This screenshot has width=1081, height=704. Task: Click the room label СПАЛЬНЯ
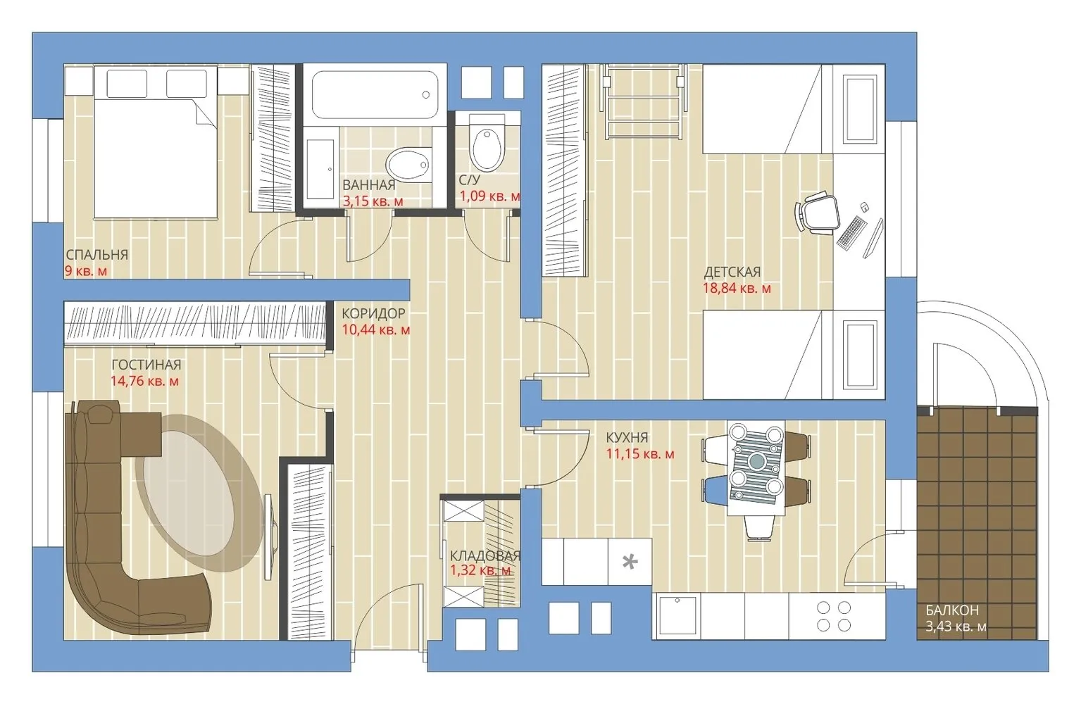(97, 255)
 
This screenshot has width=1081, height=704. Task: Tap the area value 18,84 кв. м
(737, 289)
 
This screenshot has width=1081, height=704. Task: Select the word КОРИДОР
(373, 314)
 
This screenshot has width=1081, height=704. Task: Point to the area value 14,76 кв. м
(145, 381)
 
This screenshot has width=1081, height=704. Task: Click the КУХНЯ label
(627, 438)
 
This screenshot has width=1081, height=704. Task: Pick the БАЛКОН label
(952, 610)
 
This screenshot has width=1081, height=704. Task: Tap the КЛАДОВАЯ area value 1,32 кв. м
(481, 571)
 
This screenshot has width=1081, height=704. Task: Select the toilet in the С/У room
(487, 143)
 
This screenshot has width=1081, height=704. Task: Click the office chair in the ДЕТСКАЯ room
(816, 213)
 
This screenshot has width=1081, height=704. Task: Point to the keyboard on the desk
(851, 233)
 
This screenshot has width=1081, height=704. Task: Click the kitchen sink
(677, 616)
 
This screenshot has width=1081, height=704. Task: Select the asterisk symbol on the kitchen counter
(630, 562)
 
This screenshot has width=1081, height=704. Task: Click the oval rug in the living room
(199, 493)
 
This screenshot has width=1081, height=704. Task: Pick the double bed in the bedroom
(155, 142)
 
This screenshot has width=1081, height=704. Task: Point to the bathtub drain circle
(425, 95)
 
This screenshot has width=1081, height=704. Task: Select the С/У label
(470, 180)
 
